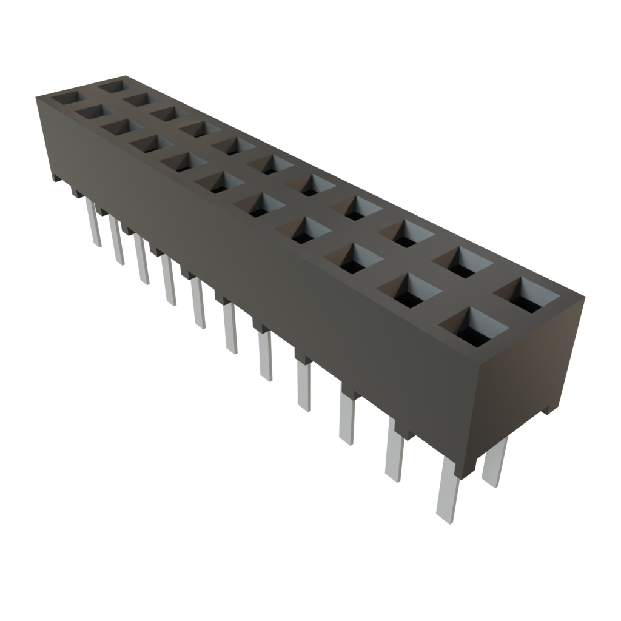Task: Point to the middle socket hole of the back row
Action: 267,163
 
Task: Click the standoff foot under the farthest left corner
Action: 56,178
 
